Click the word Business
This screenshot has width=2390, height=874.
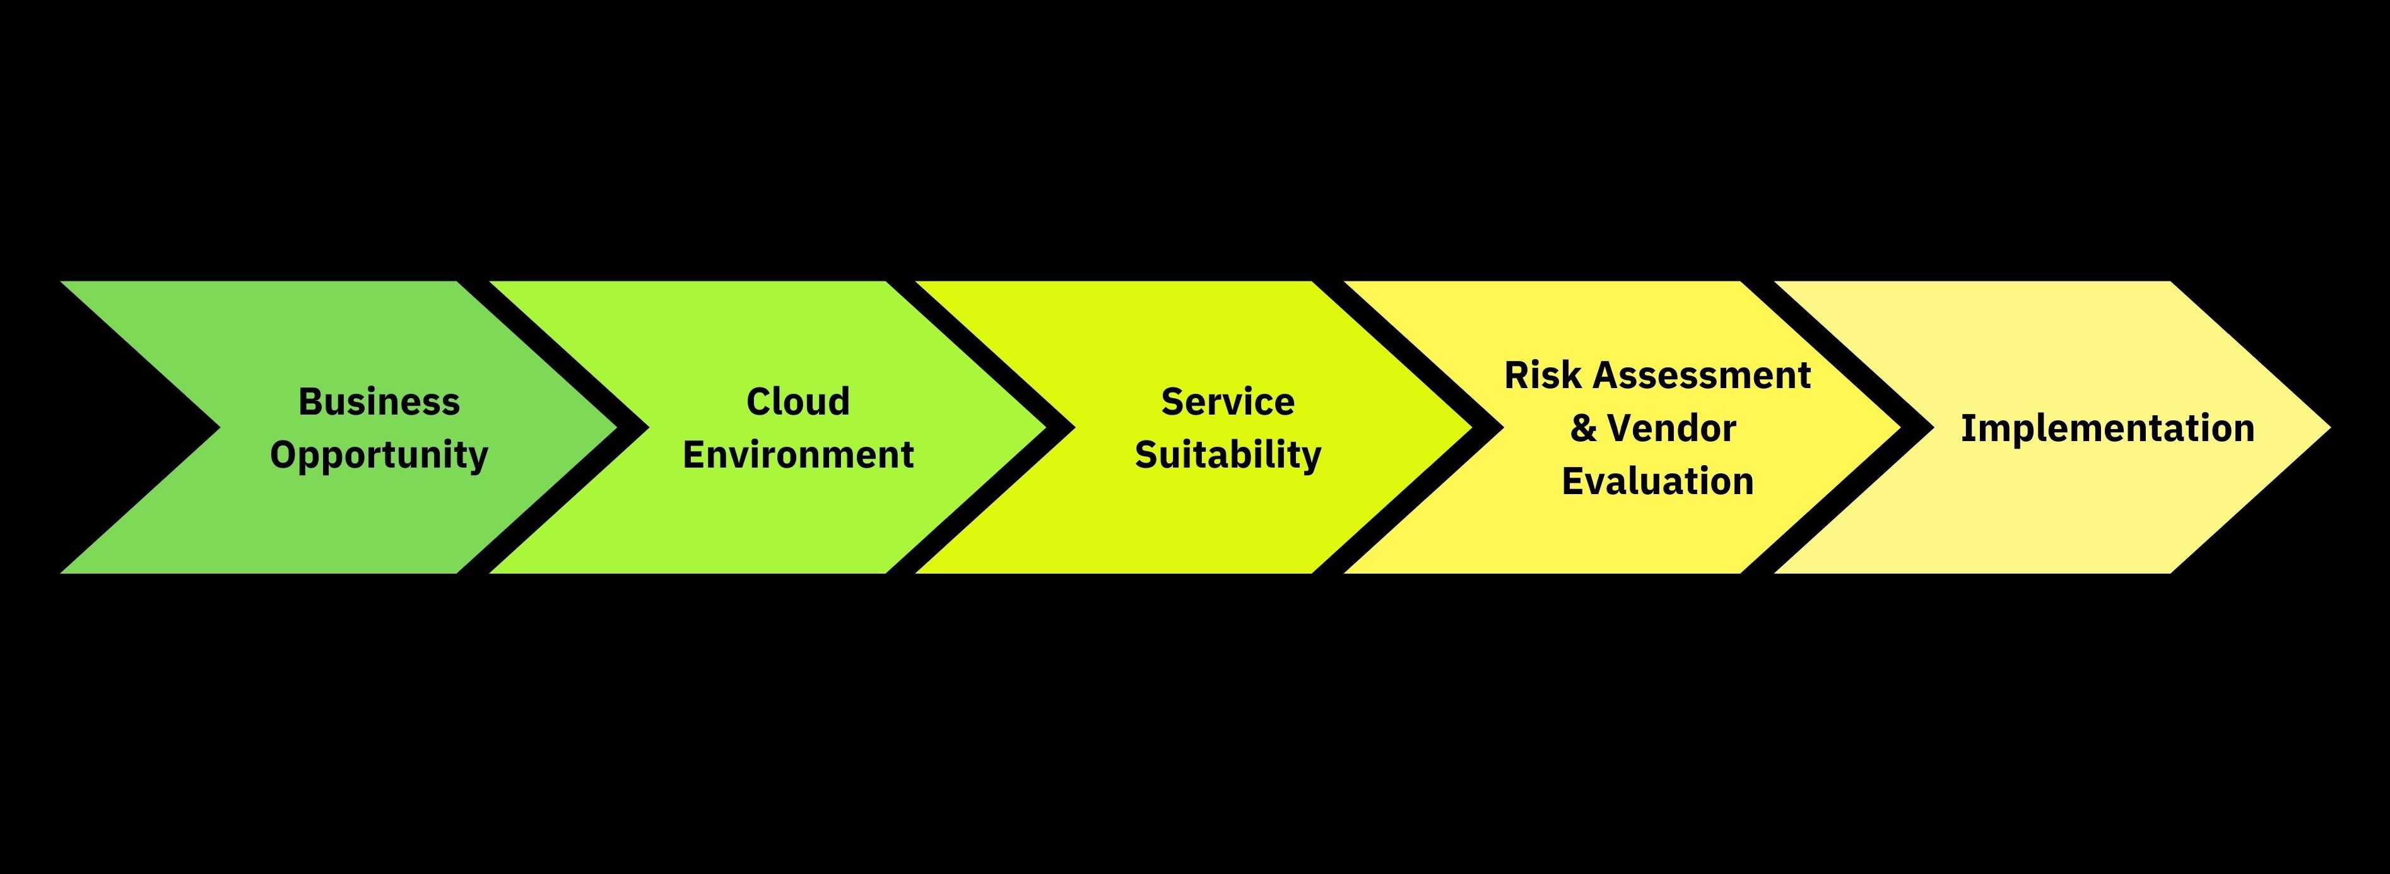pos(379,402)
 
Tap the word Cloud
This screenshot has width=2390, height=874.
pos(798,402)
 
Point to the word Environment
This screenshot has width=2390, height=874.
pos(798,454)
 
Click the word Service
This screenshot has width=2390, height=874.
pos(1227,402)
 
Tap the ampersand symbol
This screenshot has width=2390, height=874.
pos(1583,428)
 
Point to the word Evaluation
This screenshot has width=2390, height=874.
pos(1657,481)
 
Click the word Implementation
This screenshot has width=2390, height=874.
pos(2107,428)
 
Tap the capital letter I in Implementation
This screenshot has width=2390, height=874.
pos(1967,428)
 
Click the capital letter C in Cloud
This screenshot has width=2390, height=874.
pos(757,402)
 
